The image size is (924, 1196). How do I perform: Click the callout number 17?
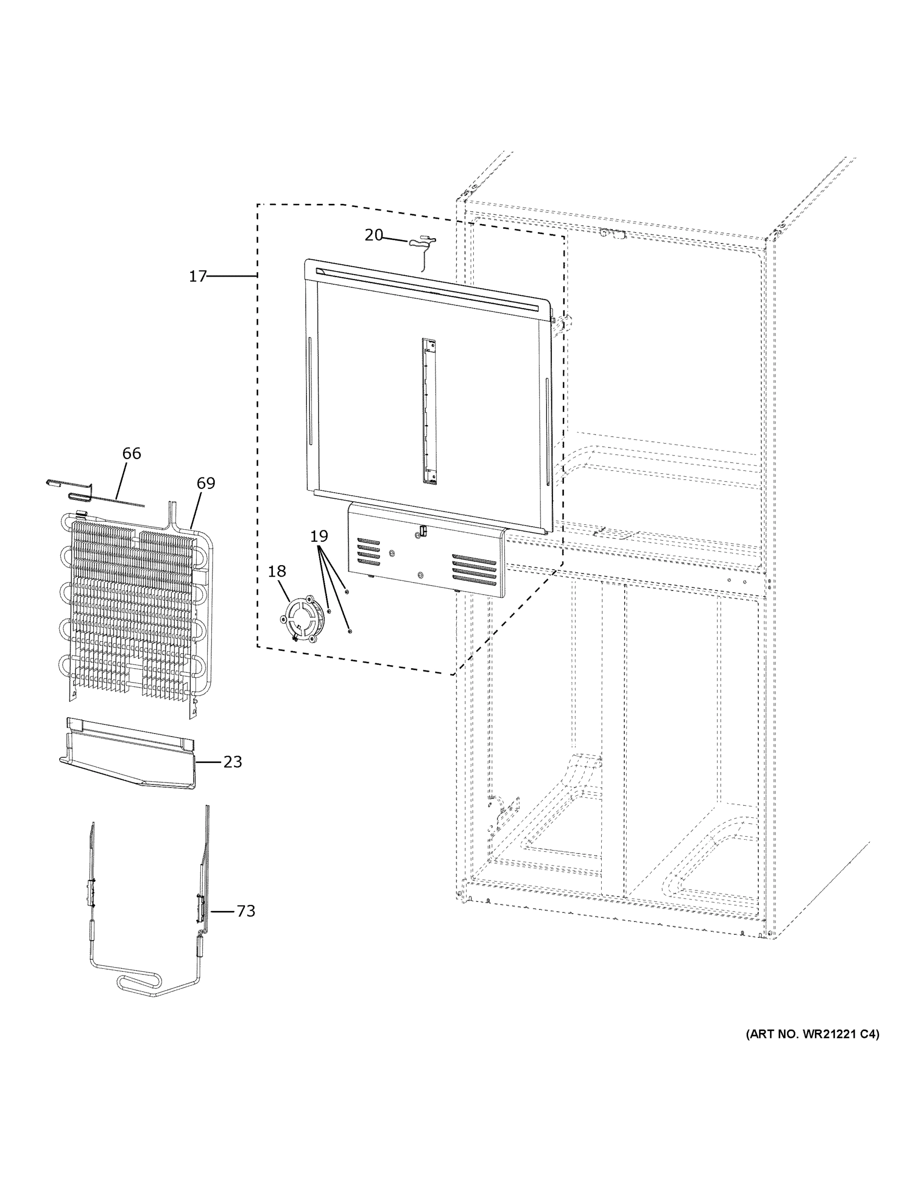point(197,277)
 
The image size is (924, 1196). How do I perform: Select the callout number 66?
point(132,453)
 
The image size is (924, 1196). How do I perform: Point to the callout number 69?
point(206,483)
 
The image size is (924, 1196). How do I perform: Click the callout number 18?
point(276,571)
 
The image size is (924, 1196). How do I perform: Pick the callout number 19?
point(319,536)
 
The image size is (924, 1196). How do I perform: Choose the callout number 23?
point(233,762)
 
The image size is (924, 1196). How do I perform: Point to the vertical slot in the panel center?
point(429,411)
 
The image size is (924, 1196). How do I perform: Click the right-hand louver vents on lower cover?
point(474,570)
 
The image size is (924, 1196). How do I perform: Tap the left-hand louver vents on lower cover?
point(369,552)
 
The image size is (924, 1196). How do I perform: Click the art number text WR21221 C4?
point(812,1035)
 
